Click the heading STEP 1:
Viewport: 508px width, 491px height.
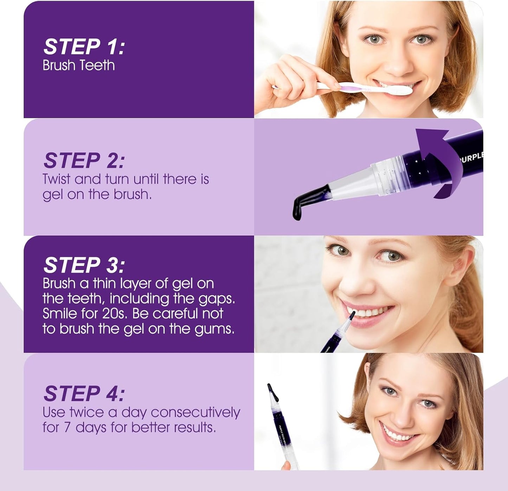click(x=84, y=47)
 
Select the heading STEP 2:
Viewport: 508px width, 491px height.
click(x=84, y=161)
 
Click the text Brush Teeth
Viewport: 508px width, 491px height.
click(x=78, y=66)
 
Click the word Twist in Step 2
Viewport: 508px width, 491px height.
click(x=57, y=179)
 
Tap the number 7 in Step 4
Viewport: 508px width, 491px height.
click(x=67, y=427)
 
